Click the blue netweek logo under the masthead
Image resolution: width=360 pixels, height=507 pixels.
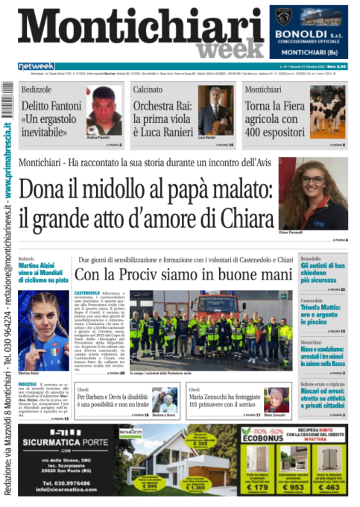coord(37,66)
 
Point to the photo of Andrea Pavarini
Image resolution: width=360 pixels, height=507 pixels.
coord(104,111)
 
